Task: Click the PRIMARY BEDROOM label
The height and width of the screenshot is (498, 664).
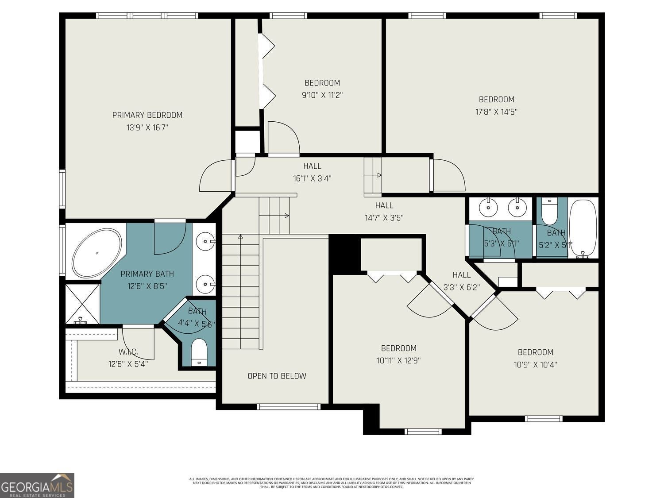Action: [147, 115]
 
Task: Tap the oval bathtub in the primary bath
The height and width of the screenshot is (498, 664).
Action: [97, 253]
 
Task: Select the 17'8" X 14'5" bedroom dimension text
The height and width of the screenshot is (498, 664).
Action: [496, 112]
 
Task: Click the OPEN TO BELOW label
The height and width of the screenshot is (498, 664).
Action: [277, 376]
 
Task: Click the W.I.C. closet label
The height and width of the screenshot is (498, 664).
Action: [128, 352]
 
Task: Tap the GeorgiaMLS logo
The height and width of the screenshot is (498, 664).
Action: [37, 486]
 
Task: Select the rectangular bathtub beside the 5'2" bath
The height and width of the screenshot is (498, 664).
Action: [583, 228]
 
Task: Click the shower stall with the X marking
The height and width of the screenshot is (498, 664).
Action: [82, 304]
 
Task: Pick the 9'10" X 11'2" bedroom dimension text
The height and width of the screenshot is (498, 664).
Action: [322, 95]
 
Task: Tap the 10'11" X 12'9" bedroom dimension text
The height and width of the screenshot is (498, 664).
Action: [398, 361]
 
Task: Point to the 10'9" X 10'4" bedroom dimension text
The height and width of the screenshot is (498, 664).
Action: [535, 365]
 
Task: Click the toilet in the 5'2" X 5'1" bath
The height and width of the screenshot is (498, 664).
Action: [549, 212]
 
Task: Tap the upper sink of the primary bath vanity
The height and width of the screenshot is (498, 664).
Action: [206, 242]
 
